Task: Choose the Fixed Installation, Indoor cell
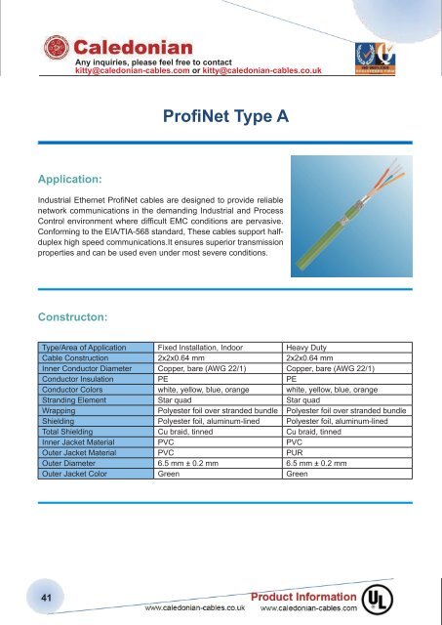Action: [203, 347]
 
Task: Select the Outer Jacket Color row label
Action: [75, 475]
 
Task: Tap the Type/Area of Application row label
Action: [85, 347]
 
